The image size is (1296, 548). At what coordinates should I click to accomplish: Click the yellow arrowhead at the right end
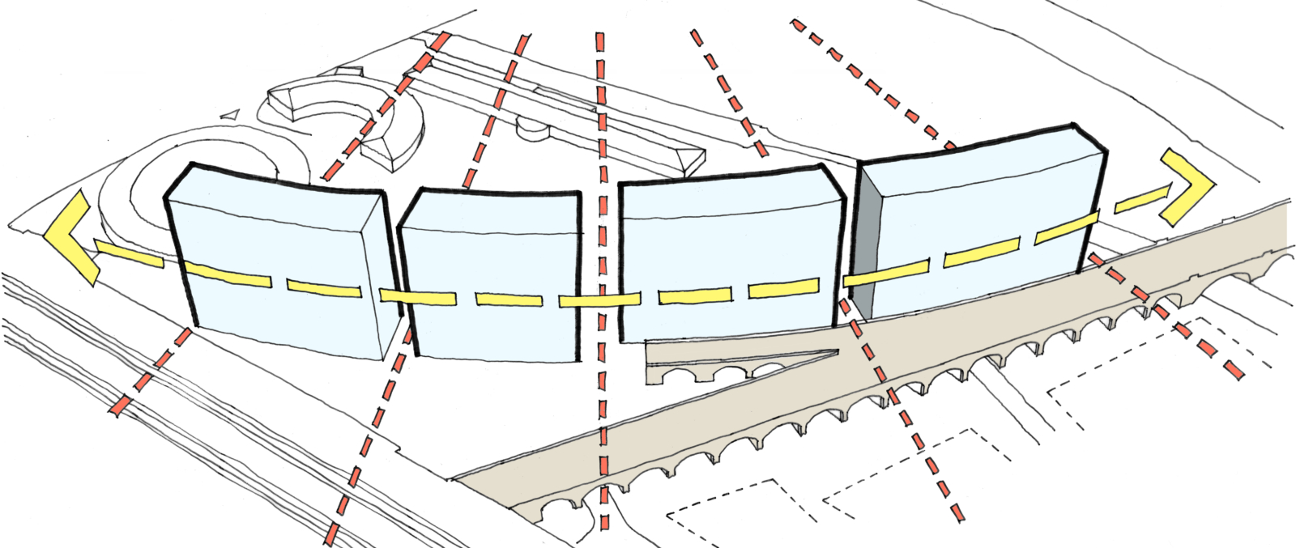tap(1187, 186)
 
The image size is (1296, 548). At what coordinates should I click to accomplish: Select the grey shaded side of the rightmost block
tap(865, 243)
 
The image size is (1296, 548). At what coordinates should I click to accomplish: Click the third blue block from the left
tap(729, 267)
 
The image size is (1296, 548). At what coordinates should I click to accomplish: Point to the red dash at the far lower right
tap(1233, 369)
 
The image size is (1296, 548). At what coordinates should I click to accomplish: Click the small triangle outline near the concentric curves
tap(230, 115)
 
